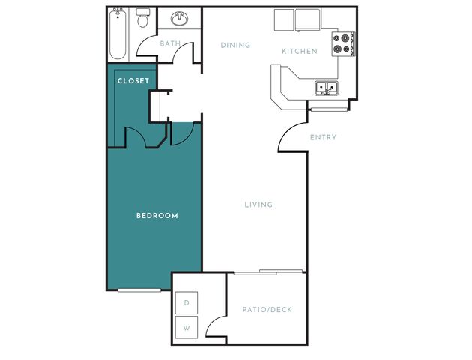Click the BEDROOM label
pyautogui.click(x=157, y=216)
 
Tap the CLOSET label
pyautogui.click(x=133, y=81)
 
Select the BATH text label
pyautogui.click(x=170, y=43)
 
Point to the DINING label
pyautogui.click(x=235, y=45)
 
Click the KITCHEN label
pyautogui.click(x=300, y=51)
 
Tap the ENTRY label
pyautogui.click(x=324, y=137)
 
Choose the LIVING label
pyautogui.click(x=258, y=205)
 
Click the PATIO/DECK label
pyautogui.click(x=267, y=310)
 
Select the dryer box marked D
pyautogui.click(x=187, y=302)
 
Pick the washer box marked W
pyautogui.click(x=187, y=327)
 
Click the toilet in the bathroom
pyautogui.click(x=142, y=18)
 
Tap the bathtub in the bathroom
pyautogui.click(x=118, y=34)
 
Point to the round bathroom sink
pyautogui.click(x=180, y=19)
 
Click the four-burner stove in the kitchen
pyautogui.click(x=343, y=44)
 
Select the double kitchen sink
pyautogui.click(x=327, y=88)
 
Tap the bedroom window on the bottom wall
pyautogui.click(x=139, y=290)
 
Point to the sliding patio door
pyautogui.click(x=268, y=272)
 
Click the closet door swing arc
pyautogui.click(x=139, y=133)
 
